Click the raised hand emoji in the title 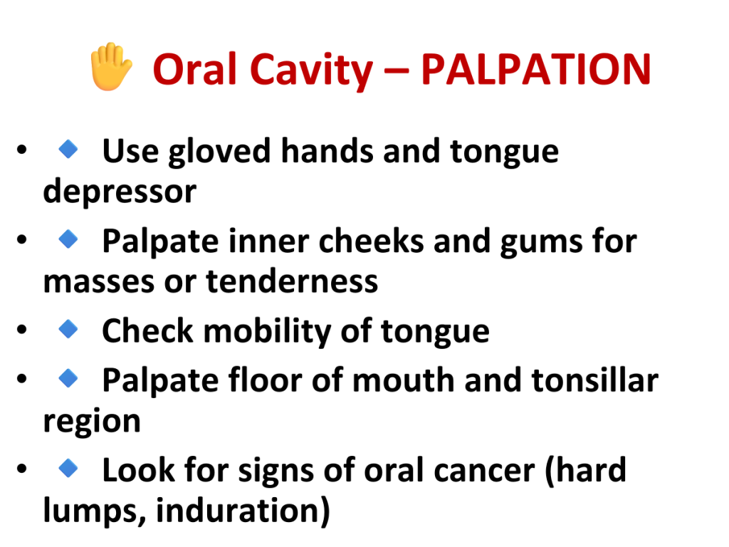[110, 66]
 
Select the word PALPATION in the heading [535, 69]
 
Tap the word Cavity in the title [312, 71]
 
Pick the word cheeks [371, 241]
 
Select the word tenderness [292, 282]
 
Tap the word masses [98, 283]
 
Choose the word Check [147, 330]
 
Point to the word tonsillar [595, 380]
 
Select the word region [92, 422]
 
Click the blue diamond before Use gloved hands [68, 150]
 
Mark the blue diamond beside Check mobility [68, 329]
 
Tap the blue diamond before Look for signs [68, 468]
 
